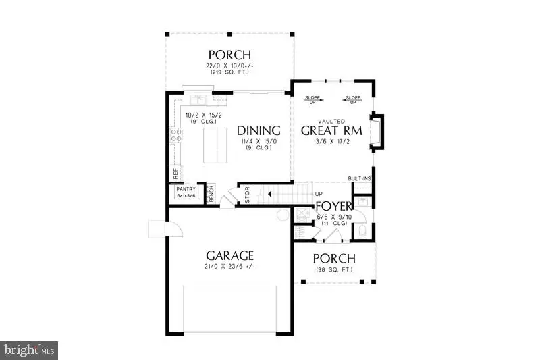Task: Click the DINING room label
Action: click(259, 130)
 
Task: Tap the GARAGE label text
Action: click(230, 255)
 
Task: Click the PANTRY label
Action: click(186, 190)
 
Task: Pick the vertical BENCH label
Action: click(211, 194)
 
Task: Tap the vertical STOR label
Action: click(247, 195)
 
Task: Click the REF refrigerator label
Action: click(176, 173)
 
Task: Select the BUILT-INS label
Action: click(359, 178)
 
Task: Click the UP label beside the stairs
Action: click(319, 195)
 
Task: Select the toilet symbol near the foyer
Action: click(363, 232)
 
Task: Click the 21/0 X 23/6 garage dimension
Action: click(230, 267)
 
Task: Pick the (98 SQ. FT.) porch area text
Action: click(334, 270)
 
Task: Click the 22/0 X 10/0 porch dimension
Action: click(229, 66)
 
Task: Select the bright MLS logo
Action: click(29, 350)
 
